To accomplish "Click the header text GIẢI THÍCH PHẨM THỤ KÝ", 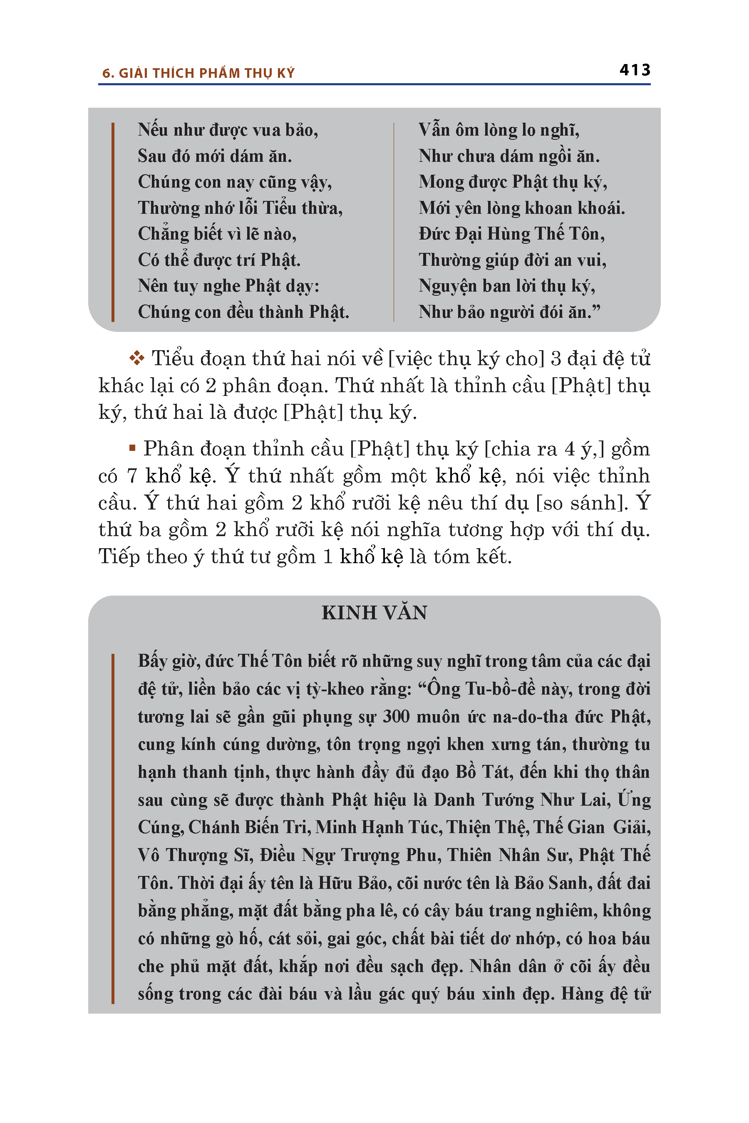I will point(206,73).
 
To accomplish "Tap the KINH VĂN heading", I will point(374,613).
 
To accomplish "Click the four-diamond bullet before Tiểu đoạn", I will point(136,358).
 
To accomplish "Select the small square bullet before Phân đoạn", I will point(132,448).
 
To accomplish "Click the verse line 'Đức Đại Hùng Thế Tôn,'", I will point(511,234).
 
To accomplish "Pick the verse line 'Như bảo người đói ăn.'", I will point(509,312).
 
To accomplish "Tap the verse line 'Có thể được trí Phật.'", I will point(219,260).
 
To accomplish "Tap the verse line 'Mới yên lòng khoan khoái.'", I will point(522,208).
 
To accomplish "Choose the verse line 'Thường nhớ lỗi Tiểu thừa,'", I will point(240,208).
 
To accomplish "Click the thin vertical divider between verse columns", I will point(394,222).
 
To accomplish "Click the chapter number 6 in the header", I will point(106,74).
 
